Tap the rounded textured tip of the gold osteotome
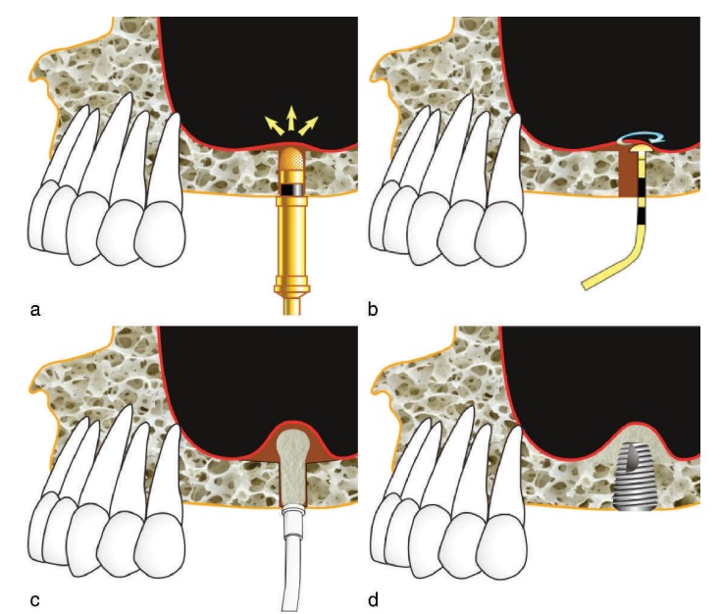(x=291, y=158)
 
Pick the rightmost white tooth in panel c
(x=163, y=530)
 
